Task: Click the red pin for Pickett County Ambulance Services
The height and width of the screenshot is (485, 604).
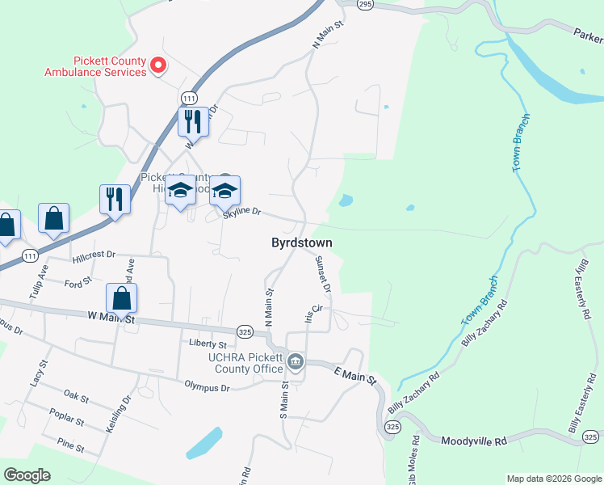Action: pyautogui.click(x=158, y=65)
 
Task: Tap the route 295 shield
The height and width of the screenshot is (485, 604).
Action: pyautogui.click(x=365, y=4)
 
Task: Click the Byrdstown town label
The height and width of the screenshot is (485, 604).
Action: pyautogui.click(x=302, y=242)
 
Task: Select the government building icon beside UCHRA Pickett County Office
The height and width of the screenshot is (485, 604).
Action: pyautogui.click(x=296, y=361)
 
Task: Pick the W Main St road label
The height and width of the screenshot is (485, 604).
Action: pyautogui.click(x=104, y=320)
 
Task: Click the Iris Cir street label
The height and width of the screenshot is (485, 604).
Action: pyautogui.click(x=313, y=313)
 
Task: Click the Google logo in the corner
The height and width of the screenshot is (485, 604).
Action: pyautogui.click(x=27, y=475)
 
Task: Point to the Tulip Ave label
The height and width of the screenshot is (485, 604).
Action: pyautogui.click(x=39, y=281)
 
